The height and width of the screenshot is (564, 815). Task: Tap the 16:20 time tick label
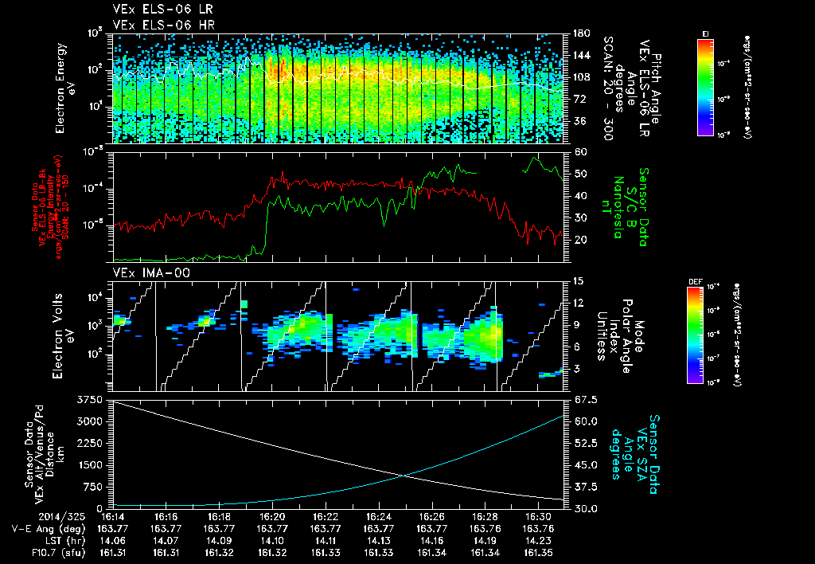[x=272, y=516]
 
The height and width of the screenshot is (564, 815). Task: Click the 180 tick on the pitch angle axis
[x=579, y=33]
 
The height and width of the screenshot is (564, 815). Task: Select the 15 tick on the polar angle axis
[x=576, y=281]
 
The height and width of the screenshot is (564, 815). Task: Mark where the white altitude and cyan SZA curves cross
[x=406, y=476]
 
